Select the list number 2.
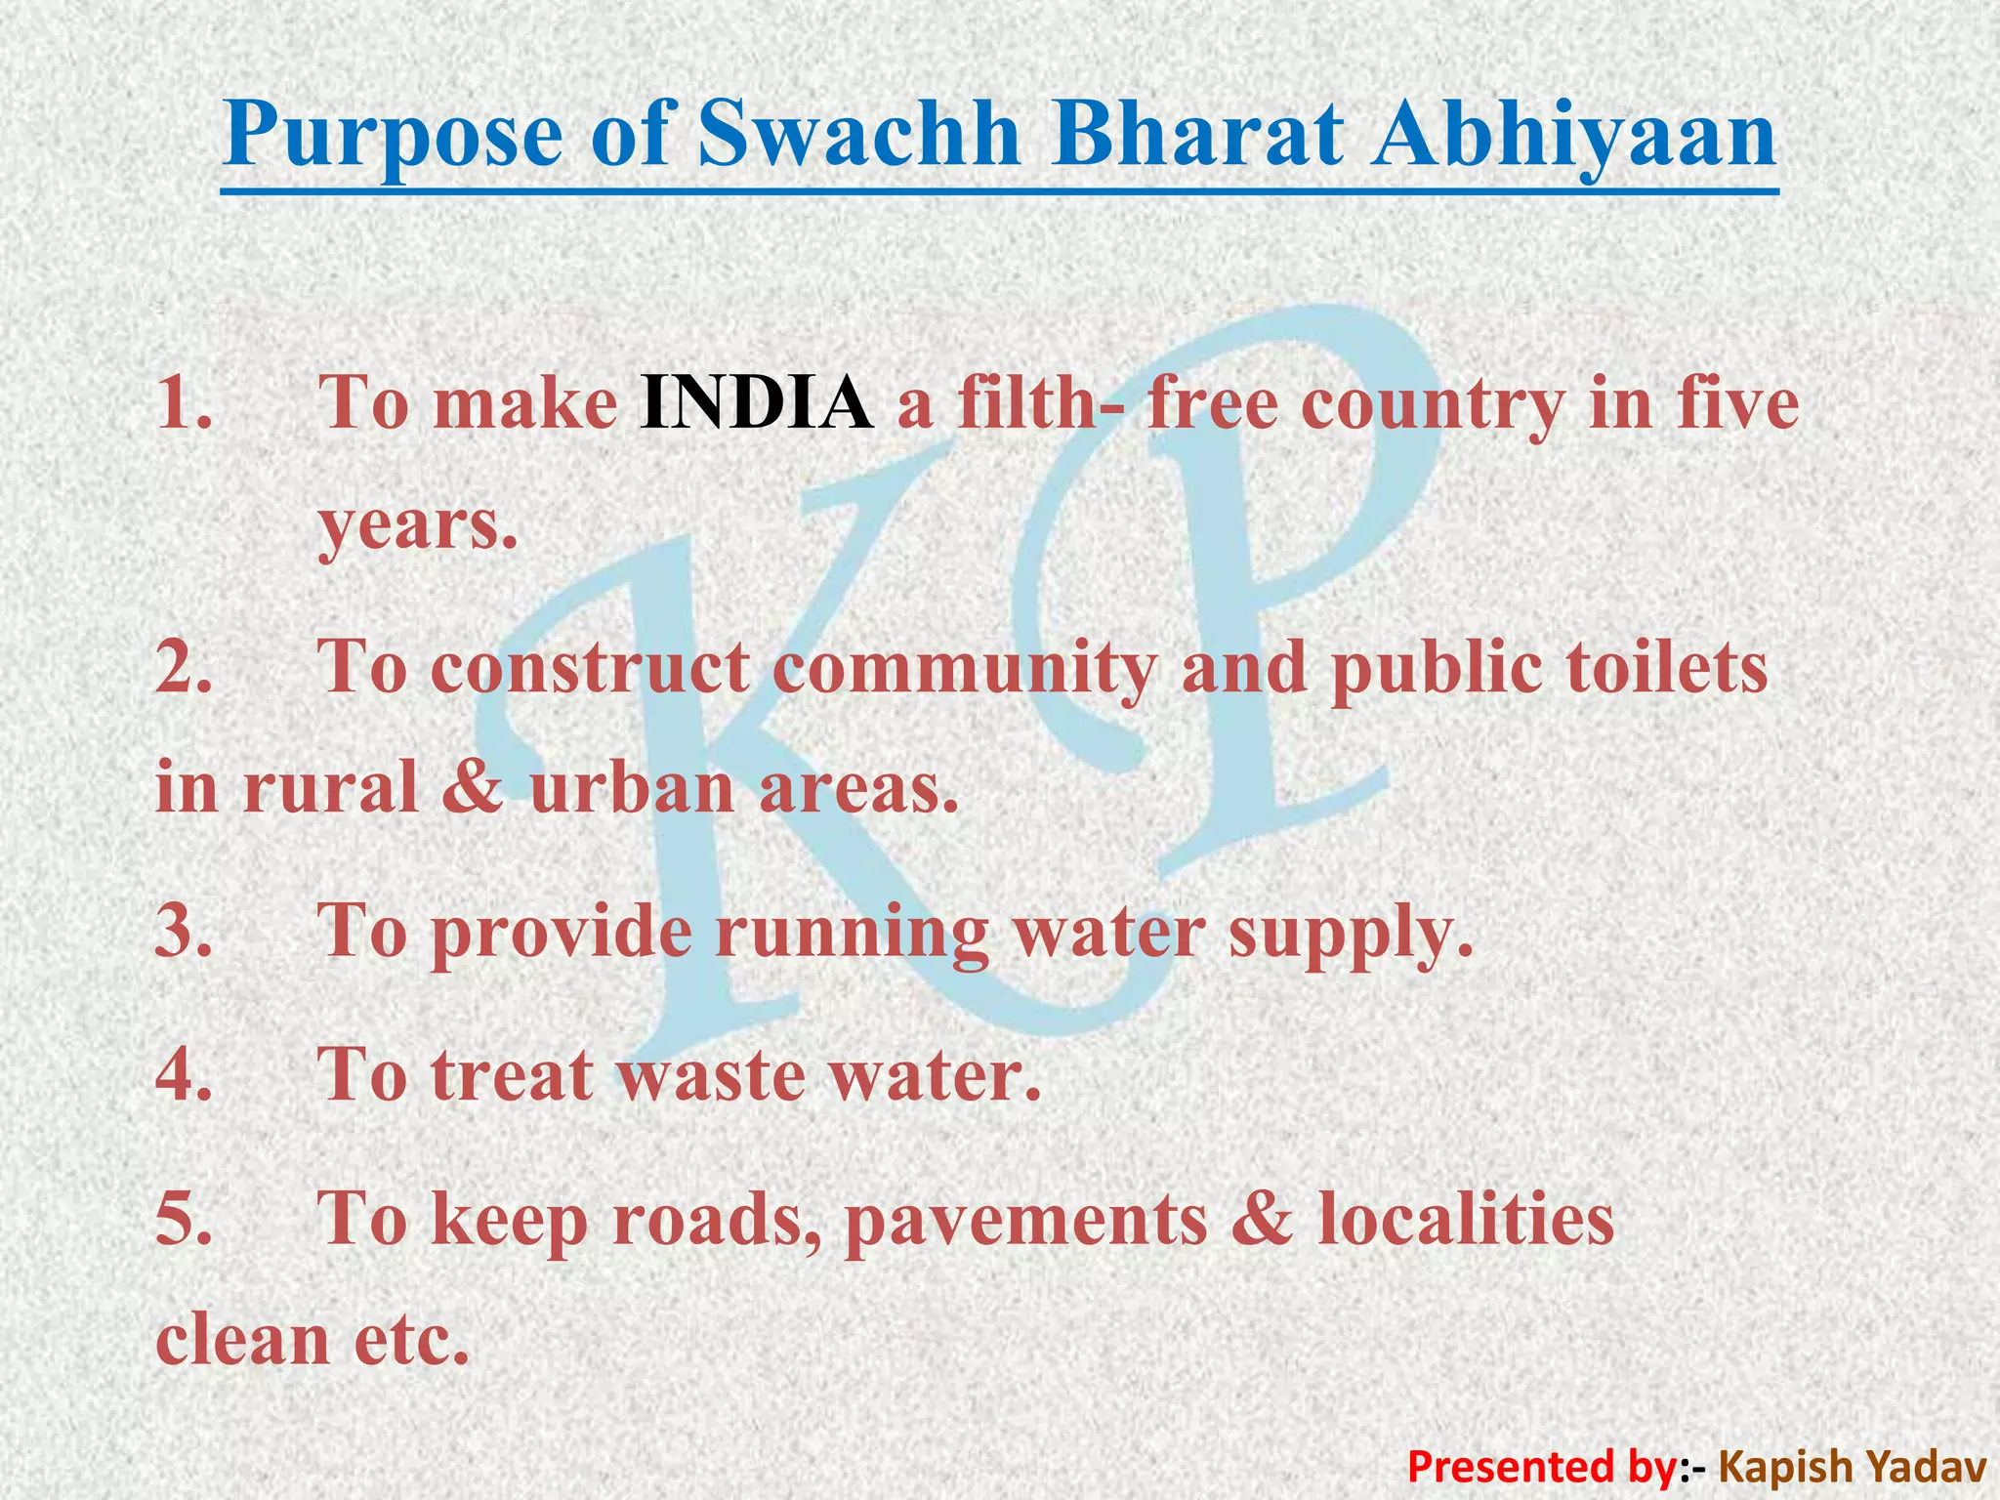(x=184, y=667)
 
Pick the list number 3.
(x=184, y=931)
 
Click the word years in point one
(x=416, y=527)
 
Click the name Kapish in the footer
(x=1781, y=1466)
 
